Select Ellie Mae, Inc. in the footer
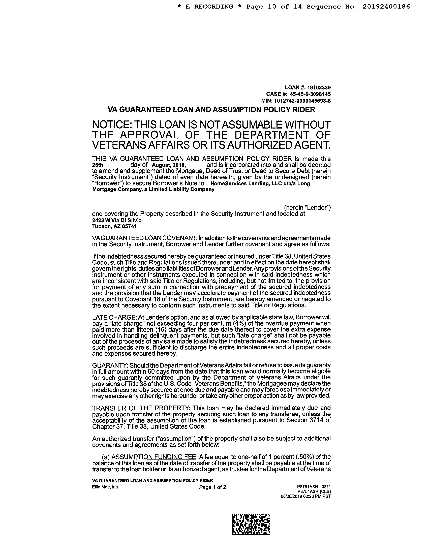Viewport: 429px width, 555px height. click(105, 487)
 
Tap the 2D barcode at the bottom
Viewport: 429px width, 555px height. click(250, 524)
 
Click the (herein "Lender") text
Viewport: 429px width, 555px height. click(307, 208)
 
